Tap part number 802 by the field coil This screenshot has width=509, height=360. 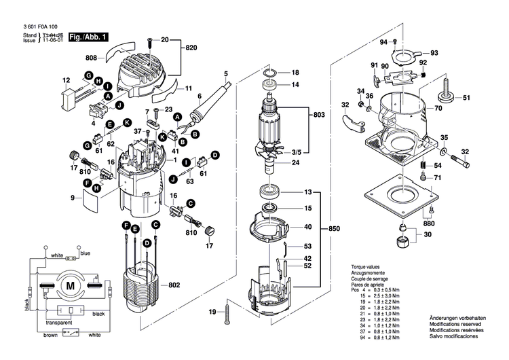pos(174,285)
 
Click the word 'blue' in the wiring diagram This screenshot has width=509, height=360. pos(85,253)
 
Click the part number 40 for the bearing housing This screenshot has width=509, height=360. pos(307,227)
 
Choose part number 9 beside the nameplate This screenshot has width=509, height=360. pos(71,198)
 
